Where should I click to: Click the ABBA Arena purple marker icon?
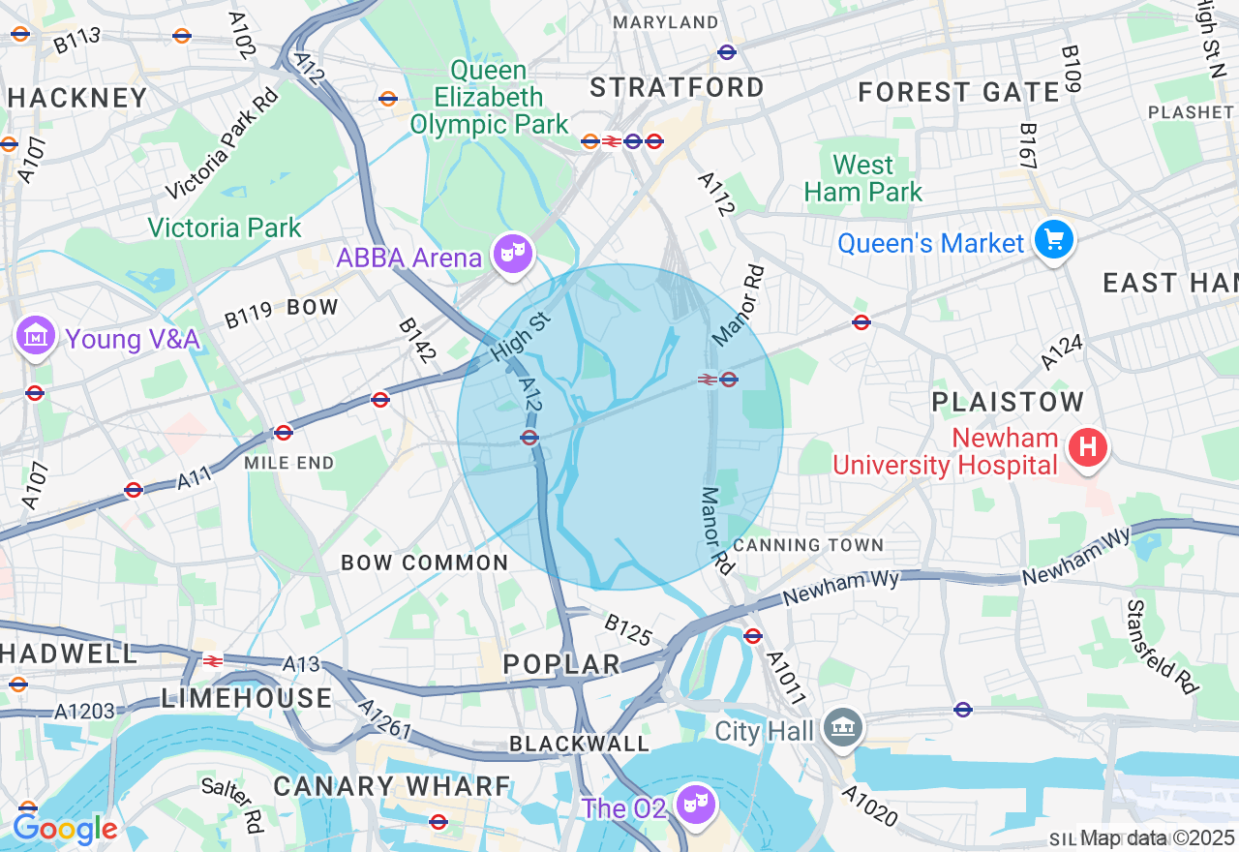click(512, 255)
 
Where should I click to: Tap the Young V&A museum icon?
click(36, 336)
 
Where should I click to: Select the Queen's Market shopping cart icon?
click(1054, 239)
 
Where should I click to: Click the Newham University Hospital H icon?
click(1088, 448)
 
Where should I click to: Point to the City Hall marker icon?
click(842, 728)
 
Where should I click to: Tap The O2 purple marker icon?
click(696, 804)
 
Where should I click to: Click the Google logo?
click(64, 829)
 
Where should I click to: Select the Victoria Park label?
click(225, 228)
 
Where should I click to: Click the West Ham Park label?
click(863, 179)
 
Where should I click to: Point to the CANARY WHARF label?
click(392, 786)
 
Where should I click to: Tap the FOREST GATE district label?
click(959, 93)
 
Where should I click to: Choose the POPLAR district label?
click(562, 664)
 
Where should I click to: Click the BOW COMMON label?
click(425, 563)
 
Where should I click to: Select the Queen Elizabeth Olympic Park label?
click(489, 98)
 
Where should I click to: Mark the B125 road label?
click(628, 628)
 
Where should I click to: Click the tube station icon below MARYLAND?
click(727, 52)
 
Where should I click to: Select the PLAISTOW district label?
click(1008, 402)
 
